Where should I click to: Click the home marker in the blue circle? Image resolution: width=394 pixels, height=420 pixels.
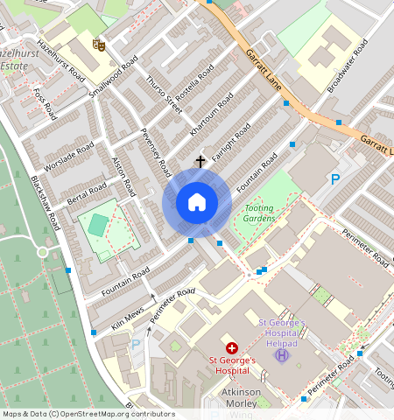pos(197,203)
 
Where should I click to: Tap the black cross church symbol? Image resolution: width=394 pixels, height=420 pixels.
pos(201,162)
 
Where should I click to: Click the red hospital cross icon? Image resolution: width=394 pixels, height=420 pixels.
pos(231,347)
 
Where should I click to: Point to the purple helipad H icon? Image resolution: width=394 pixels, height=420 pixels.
pos(281,354)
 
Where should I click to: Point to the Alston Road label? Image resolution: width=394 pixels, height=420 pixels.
pos(124,175)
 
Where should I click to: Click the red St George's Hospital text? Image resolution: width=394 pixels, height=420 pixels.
pos(231,364)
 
